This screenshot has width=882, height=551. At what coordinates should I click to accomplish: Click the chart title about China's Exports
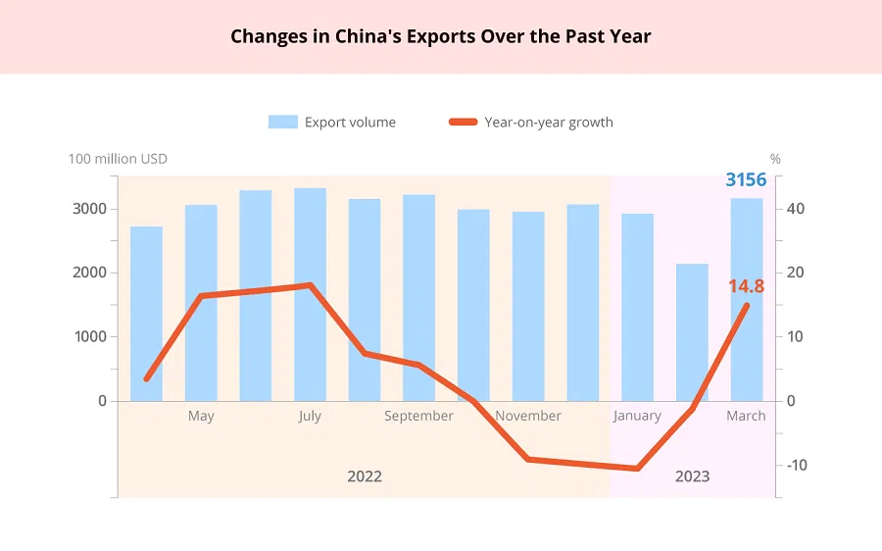(441, 37)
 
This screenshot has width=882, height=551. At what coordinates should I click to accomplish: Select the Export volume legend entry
(332, 123)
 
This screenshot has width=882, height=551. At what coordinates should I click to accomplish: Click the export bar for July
(310, 294)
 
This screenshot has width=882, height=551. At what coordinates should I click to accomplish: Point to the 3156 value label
(746, 179)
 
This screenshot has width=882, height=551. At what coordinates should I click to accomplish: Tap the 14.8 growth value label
(746, 286)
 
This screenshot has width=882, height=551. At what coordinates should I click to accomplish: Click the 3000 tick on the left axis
(89, 209)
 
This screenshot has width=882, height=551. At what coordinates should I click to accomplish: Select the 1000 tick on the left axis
(89, 336)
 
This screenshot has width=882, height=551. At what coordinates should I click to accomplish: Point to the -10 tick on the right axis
(797, 465)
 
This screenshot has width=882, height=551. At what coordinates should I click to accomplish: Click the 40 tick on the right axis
(796, 209)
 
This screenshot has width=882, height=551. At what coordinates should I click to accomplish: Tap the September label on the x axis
(418, 416)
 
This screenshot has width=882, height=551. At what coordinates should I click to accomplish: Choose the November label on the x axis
(528, 416)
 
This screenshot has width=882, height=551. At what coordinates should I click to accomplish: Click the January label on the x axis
(637, 416)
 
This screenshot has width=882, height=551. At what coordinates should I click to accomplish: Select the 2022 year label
(365, 476)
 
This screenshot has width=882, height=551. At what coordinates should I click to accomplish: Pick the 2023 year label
(692, 476)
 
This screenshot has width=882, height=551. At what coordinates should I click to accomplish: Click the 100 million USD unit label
(118, 159)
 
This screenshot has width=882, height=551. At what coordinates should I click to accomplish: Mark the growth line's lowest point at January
(638, 469)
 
